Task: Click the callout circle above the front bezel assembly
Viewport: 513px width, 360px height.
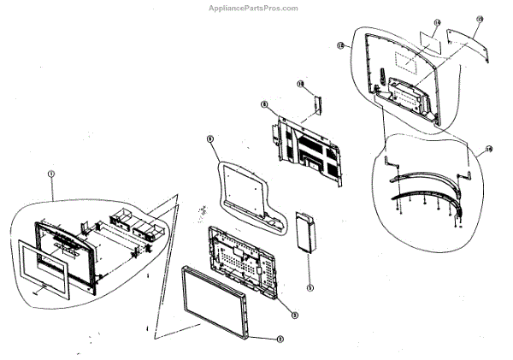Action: pyautogui.click(x=51, y=174)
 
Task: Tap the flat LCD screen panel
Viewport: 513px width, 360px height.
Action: pyautogui.click(x=215, y=300)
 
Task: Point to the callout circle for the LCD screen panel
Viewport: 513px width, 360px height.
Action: pyautogui.click(x=280, y=338)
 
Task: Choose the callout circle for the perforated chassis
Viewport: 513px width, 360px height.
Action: pyautogui.click(x=294, y=315)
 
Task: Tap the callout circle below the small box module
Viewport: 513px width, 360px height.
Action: pyautogui.click(x=310, y=287)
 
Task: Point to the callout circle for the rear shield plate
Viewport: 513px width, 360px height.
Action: pyautogui.click(x=264, y=104)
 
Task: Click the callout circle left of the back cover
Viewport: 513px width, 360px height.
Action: pyautogui.click(x=340, y=44)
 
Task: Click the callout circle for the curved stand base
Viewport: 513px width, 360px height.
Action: pyautogui.click(x=488, y=148)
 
